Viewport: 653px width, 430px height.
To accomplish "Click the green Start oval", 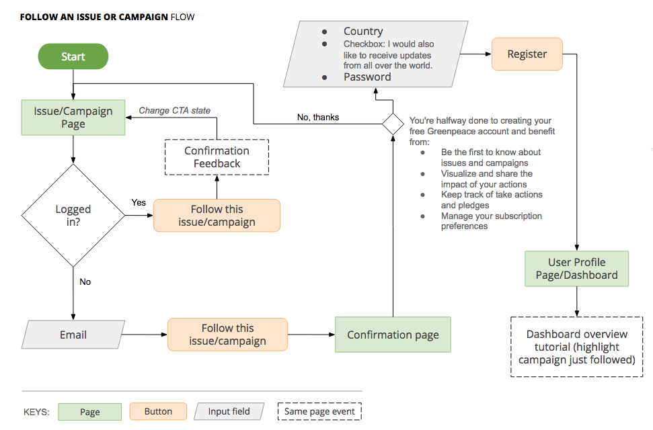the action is pos(73,56).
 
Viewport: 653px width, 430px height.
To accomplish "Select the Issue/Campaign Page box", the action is pos(73,118).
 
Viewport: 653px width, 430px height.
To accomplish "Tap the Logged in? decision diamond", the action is pos(73,215).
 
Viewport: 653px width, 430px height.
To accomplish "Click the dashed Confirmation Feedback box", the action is pos(217,157).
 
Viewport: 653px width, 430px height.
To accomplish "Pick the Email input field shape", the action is pos(73,335).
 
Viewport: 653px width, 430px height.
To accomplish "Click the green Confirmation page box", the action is pos(393,335).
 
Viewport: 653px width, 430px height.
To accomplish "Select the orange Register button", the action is pos(527,54).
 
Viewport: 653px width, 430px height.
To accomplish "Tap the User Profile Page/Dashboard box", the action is pos(577,269).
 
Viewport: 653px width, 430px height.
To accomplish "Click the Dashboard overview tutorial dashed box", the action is pos(577,347).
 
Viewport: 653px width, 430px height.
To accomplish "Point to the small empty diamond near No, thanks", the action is pos(393,124).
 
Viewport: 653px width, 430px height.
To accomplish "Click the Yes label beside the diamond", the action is pos(139,202).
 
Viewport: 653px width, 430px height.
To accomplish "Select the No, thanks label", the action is pos(318,118).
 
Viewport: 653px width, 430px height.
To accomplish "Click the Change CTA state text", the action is pos(174,110).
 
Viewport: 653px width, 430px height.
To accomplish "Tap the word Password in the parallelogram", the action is pos(367,77).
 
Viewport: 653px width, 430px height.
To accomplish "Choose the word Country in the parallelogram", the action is pos(363,31).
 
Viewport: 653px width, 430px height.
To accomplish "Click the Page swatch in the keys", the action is pos(90,412).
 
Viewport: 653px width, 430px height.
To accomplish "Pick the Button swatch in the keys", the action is pos(158,411).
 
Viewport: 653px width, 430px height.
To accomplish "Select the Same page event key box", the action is pos(319,411).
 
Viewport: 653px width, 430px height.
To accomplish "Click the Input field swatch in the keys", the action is pos(229,411).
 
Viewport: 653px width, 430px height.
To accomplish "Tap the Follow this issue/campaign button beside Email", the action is pos(227,335).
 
